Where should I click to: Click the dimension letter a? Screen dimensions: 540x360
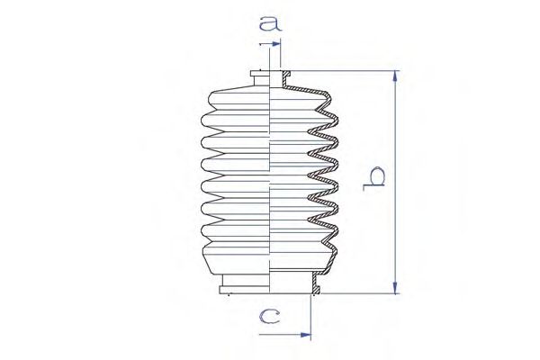coord(270,23)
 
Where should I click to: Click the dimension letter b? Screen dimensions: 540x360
coord(373,178)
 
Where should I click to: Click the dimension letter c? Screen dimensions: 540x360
coord(270,316)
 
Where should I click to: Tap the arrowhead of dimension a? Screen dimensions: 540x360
coord(276,44)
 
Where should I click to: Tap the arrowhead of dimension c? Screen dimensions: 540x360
coord(306,335)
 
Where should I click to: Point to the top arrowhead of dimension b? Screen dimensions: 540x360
coord(395,76)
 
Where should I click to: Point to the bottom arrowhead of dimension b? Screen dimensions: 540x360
coord(395,288)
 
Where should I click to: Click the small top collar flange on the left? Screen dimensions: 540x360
coord(260,74)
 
